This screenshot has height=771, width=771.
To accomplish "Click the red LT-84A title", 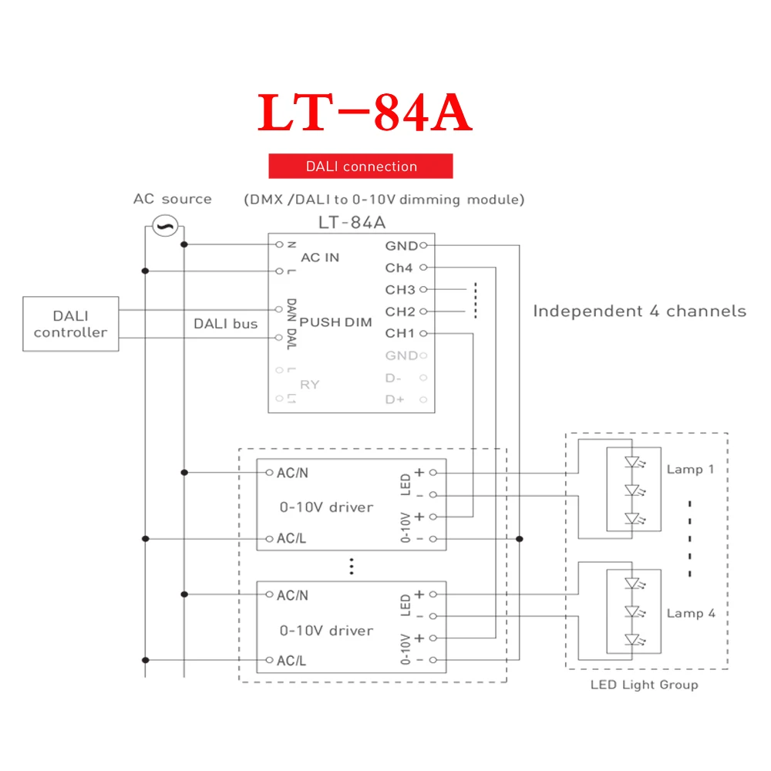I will (x=364, y=113).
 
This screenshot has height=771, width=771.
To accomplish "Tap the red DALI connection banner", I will (x=361, y=167).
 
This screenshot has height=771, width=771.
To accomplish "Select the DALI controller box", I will (x=71, y=324).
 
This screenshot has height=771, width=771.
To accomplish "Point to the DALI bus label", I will (x=225, y=324).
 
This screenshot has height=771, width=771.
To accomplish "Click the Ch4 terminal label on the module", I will (x=399, y=268).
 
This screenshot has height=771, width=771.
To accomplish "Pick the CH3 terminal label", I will (x=400, y=290).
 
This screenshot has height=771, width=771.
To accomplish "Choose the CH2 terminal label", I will (x=400, y=311).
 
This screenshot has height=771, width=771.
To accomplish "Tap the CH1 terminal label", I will (x=400, y=334).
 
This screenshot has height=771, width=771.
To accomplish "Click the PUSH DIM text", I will (x=335, y=322).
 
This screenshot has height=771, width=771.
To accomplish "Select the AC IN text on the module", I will (x=320, y=257).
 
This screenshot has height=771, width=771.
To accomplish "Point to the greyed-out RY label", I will (x=309, y=384).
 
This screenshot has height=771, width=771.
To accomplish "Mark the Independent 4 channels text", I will (x=640, y=311).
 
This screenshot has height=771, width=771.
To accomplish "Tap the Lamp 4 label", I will (x=691, y=614).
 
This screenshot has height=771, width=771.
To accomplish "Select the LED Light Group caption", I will (x=645, y=685).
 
